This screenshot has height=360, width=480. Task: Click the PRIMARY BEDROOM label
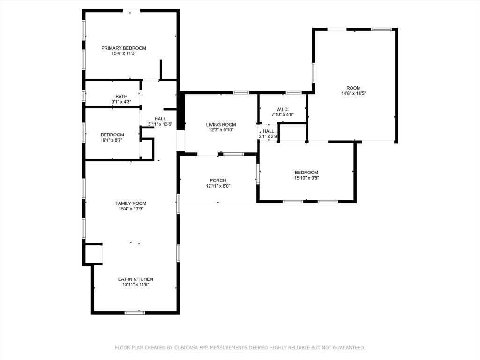(x=124, y=48)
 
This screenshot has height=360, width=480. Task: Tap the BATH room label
(x=121, y=96)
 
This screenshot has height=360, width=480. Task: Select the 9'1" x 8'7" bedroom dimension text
(x=112, y=140)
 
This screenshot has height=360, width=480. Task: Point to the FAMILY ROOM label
(x=131, y=203)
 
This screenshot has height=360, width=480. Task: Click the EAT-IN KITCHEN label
(x=135, y=279)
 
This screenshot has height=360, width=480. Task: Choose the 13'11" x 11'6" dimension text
(x=135, y=285)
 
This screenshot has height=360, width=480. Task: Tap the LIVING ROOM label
(x=221, y=124)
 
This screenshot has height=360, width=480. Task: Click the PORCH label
(x=218, y=180)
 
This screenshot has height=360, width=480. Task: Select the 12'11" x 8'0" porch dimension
(x=218, y=186)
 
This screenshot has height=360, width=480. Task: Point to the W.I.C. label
(x=283, y=109)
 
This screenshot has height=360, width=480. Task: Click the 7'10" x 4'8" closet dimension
(x=283, y=114)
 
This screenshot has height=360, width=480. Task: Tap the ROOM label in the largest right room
(x=353, y=88)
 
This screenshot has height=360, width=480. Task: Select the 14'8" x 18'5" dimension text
(x=353, y=93)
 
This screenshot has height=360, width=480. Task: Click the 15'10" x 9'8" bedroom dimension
(x=306, y=178)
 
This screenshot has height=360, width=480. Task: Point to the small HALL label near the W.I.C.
(x=269, y=131)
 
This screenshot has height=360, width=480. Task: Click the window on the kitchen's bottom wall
(x=135, y=312)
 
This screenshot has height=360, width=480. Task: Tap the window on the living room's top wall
(x=241, y=92)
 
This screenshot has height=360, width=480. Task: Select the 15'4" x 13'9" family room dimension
(x=131, y=209)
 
